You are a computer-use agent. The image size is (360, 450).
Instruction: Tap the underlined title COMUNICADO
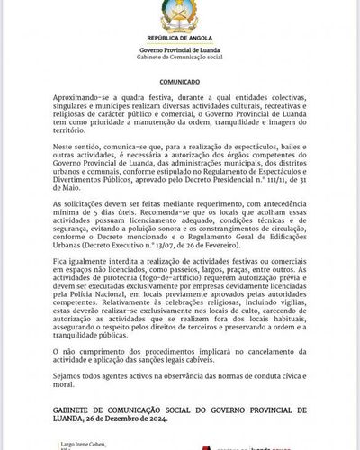point(179,79)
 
